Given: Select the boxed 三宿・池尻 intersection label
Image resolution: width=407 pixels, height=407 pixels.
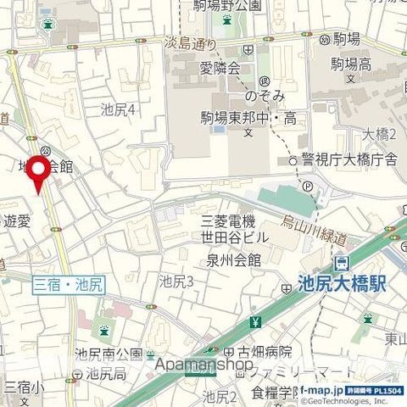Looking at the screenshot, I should coord(68,287).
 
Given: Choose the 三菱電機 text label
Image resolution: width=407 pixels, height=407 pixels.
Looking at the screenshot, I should coord(228,221).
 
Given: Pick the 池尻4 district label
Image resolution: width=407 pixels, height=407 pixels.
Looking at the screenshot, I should coord(119,109).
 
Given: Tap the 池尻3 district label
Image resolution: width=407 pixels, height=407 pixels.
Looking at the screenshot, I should coord(177,282).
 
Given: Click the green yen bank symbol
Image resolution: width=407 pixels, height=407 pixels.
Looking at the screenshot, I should coord(256,322).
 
